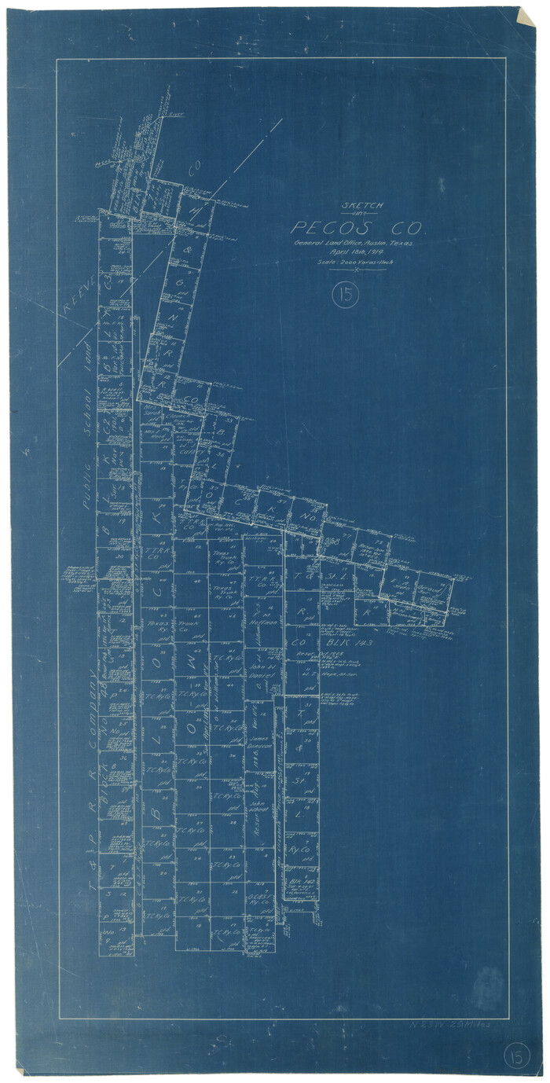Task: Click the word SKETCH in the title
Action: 362,206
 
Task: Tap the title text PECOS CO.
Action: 357,229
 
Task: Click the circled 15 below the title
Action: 344,296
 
